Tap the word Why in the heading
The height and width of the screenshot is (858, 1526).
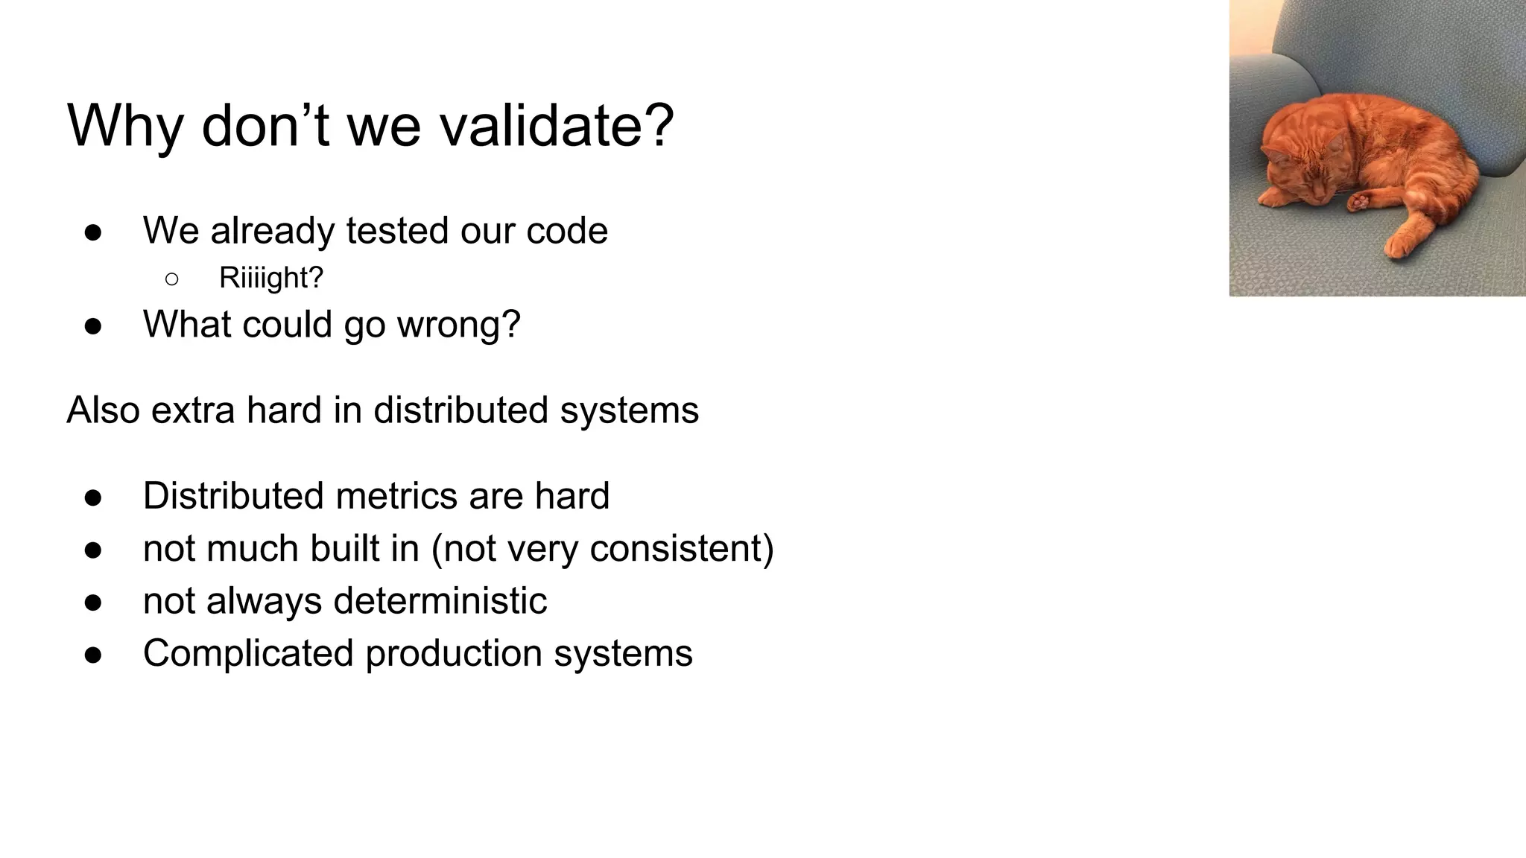coord(125,127)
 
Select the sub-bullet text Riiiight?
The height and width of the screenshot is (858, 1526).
coord(271,278)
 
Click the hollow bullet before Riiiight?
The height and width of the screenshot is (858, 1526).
coord(171,279)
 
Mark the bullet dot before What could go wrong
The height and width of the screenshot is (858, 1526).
coord(93,326)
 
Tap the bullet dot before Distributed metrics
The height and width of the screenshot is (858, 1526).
coord(93,498)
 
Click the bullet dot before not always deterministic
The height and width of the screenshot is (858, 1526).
coord(93,603)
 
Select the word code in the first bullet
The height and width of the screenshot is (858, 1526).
coord(567,230)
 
